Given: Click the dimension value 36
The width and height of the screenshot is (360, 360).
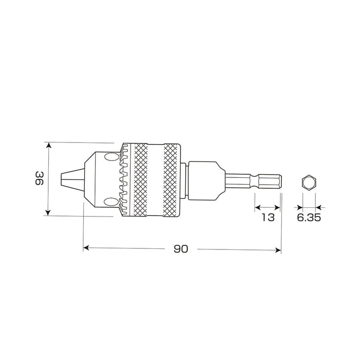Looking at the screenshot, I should pos(39,179).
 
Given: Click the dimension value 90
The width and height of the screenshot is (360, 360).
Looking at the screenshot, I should pos(180,249).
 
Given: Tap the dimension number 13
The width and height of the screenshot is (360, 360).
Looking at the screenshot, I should pos(267,218).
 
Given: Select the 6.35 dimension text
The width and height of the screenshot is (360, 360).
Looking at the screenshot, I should pos(309,218).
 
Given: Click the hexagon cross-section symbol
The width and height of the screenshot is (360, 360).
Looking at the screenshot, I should pos(309,183).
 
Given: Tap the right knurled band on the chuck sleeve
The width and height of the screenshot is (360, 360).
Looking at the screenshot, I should pos(172,179).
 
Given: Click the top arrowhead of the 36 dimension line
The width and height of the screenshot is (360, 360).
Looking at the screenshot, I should pos(49,146).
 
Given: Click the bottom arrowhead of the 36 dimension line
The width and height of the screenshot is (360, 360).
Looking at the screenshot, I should pos(49,213).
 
